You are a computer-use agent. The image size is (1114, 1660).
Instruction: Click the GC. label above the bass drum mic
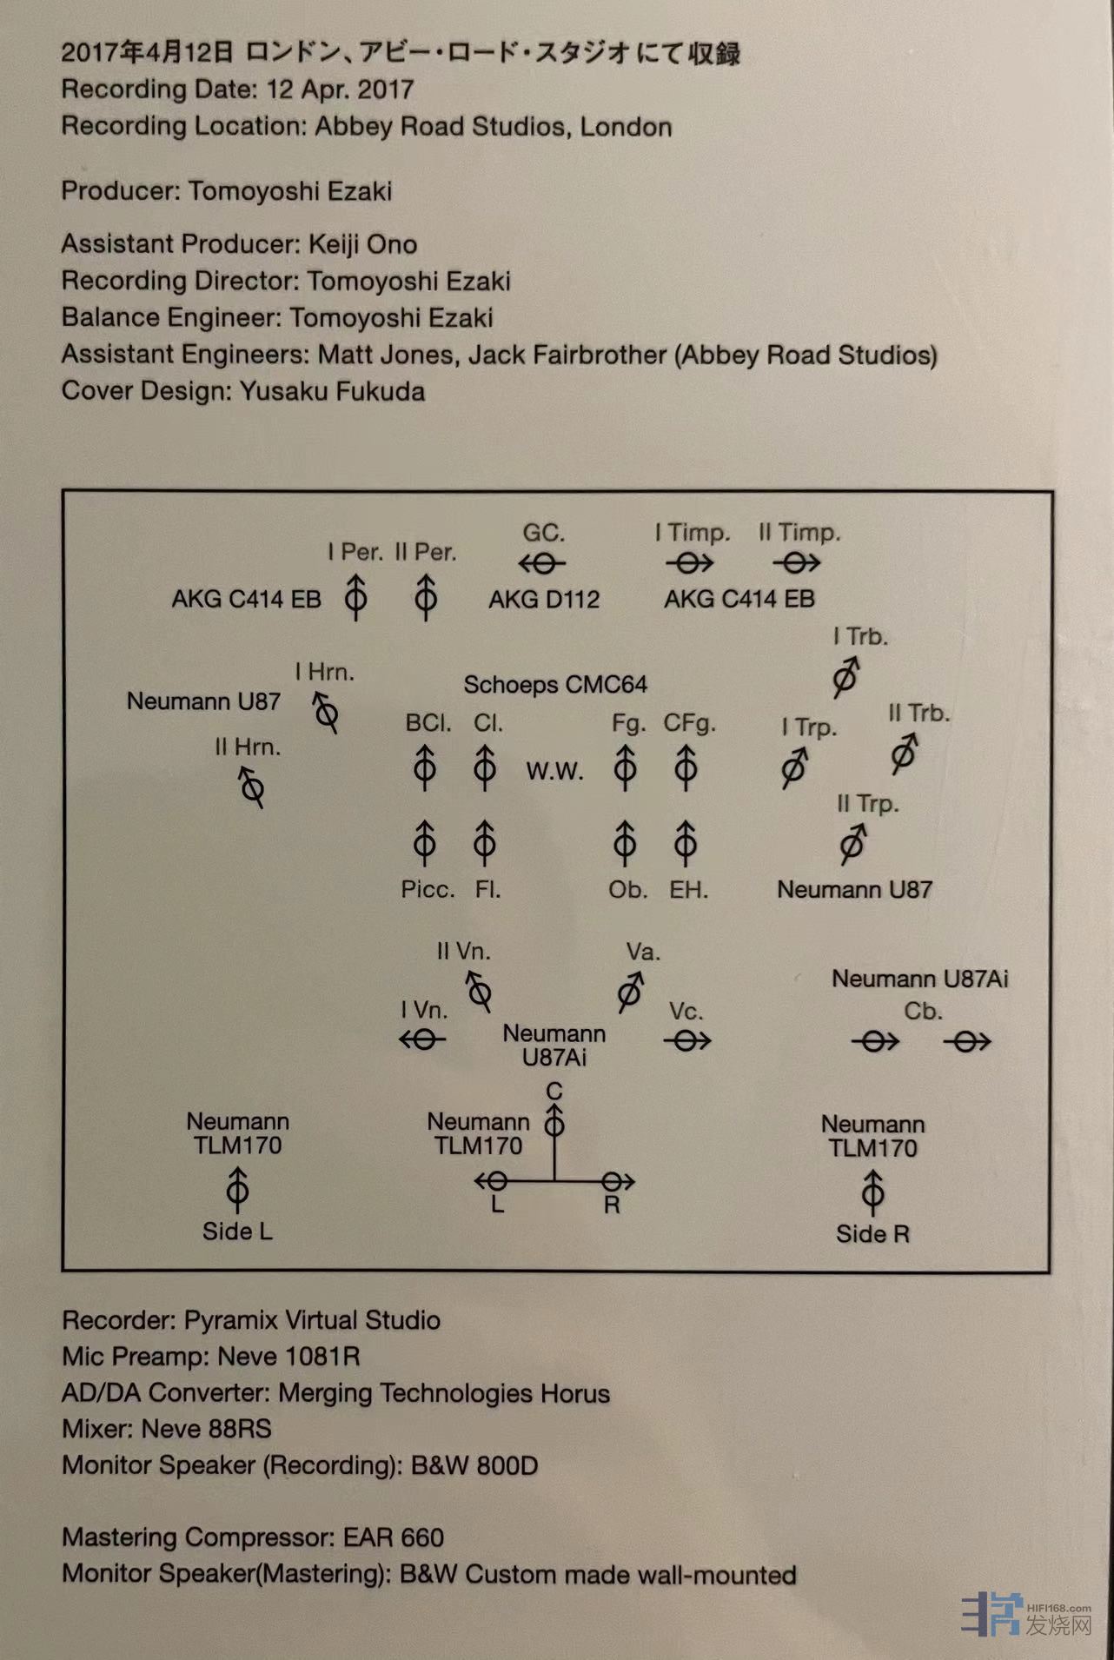[x=544, y=532]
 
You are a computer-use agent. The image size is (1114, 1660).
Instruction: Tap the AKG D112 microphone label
[x=544, y=599]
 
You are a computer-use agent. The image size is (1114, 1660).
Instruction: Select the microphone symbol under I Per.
[x=355, y=597]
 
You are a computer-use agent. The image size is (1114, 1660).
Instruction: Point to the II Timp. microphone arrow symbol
[x=797, y=563]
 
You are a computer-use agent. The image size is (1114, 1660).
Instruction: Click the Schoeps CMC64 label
[x=555, y=685]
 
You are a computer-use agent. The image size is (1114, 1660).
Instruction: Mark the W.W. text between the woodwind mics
[x=554, y=771]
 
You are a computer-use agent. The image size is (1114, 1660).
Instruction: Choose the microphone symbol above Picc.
[x=425, y=842]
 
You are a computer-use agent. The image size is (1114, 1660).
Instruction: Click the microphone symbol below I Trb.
[x=845, y=677]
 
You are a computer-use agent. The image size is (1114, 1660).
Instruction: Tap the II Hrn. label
[x=248, y=747]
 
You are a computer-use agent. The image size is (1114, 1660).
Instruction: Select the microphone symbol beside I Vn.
[x=422, y=1039]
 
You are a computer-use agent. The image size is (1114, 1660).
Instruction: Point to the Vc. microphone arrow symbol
[x=687, y=1040]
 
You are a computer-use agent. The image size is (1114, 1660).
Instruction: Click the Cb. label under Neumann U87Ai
[x=922, y=1012]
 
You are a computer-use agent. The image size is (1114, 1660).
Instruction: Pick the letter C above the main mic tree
[x=554, y=1091]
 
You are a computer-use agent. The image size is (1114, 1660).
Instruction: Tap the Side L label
[x=237, y=1232]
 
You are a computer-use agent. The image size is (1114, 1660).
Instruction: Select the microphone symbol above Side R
[x=872, y=1192]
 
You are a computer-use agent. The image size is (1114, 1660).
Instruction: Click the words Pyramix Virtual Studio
[x=312, y=1320]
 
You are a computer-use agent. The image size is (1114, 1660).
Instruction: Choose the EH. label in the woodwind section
[x=689, y=890]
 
